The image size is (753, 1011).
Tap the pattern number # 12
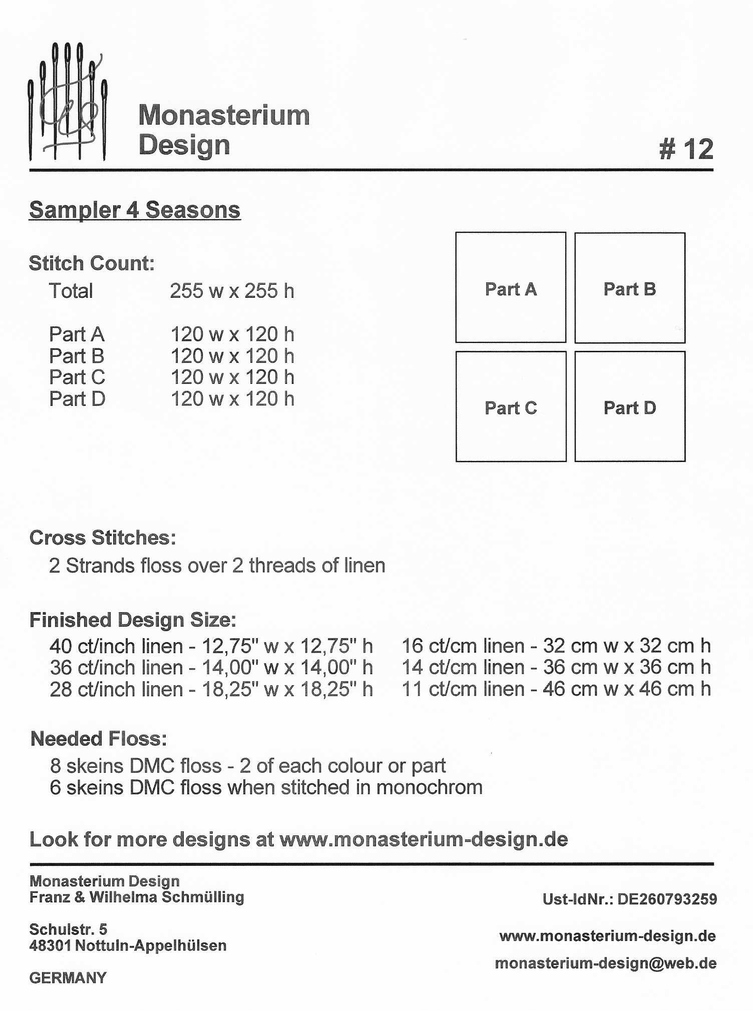(x=686, y=149)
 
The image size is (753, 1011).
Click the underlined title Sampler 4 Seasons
(x=135, y=210)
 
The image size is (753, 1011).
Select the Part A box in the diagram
(x=511, y=288)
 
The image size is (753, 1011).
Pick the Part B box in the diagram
(x=629, y=288)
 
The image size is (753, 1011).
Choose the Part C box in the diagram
(x=511, y=406)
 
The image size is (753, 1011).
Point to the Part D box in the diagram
(x=629, y=406)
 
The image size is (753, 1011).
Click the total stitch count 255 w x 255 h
(x=232, y=291)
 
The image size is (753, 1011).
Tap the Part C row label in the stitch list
(x=77, y=377)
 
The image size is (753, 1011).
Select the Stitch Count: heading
(x=92, y=263)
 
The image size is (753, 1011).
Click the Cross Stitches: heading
(x=103, y=538)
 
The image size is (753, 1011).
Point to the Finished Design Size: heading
(x=133, y=620)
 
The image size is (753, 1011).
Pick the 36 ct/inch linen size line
(x=211, y=668)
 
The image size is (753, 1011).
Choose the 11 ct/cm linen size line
(x=556, y=689)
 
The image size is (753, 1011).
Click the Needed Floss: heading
(x=99, y=739)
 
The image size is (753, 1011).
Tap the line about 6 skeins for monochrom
(x=266, y=787)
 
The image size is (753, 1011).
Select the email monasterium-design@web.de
(x=605, y=963)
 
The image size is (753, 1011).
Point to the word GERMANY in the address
(x=68, y=977)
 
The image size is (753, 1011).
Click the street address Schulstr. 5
(x=68, y=929)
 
